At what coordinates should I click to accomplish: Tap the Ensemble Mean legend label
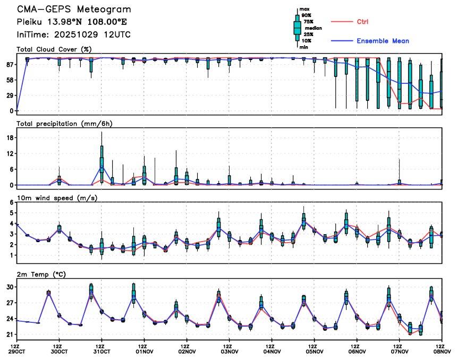[x=383, y=41]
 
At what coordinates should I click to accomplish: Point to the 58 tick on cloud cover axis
[x=9, y=80]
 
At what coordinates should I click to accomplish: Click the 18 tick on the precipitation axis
[x=10, y=138]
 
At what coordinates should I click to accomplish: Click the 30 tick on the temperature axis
[x=10, y=287]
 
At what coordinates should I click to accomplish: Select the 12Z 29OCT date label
[x=16, y=350]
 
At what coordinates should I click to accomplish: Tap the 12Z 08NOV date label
[x=442, y=350]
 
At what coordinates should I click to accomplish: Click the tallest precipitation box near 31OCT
[x=101, y=157]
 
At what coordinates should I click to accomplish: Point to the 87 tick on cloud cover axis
[x=9, y=64]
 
